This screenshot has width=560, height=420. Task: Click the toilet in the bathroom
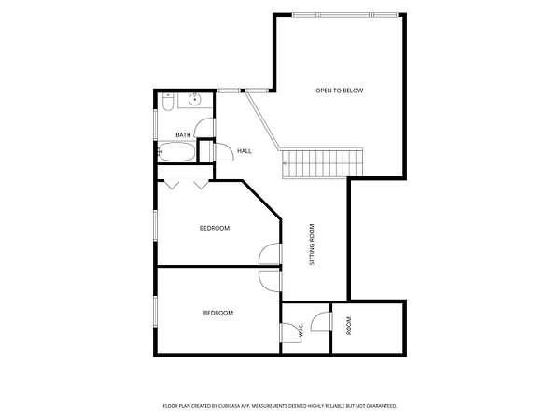(167, 102)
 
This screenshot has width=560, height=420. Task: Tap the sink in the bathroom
(195, 99)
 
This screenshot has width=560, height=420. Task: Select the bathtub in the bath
(176, 152)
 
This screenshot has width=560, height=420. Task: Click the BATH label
(183, 135)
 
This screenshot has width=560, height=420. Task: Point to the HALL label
(245, 151)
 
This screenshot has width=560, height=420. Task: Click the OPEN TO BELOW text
(340, 91)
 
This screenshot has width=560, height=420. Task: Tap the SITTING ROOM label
(312, 245)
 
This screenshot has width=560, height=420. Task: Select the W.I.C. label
(301, 329)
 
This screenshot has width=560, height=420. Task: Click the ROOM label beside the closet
(349, 326)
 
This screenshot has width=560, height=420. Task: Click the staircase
(323, 163)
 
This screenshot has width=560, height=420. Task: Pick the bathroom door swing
(204, 128)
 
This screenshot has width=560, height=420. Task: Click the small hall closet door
(223, 152)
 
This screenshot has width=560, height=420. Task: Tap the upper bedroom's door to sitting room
(270, 254)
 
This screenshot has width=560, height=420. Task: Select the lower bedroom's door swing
(270, 281)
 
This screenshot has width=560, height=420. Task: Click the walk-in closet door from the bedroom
(291, 332)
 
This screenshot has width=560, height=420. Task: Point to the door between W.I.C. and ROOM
(321, 321)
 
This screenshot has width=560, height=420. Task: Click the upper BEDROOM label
(215, 228)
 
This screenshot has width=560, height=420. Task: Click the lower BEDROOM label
(218, 313)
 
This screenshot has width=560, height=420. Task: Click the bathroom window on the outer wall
(155, 124)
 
